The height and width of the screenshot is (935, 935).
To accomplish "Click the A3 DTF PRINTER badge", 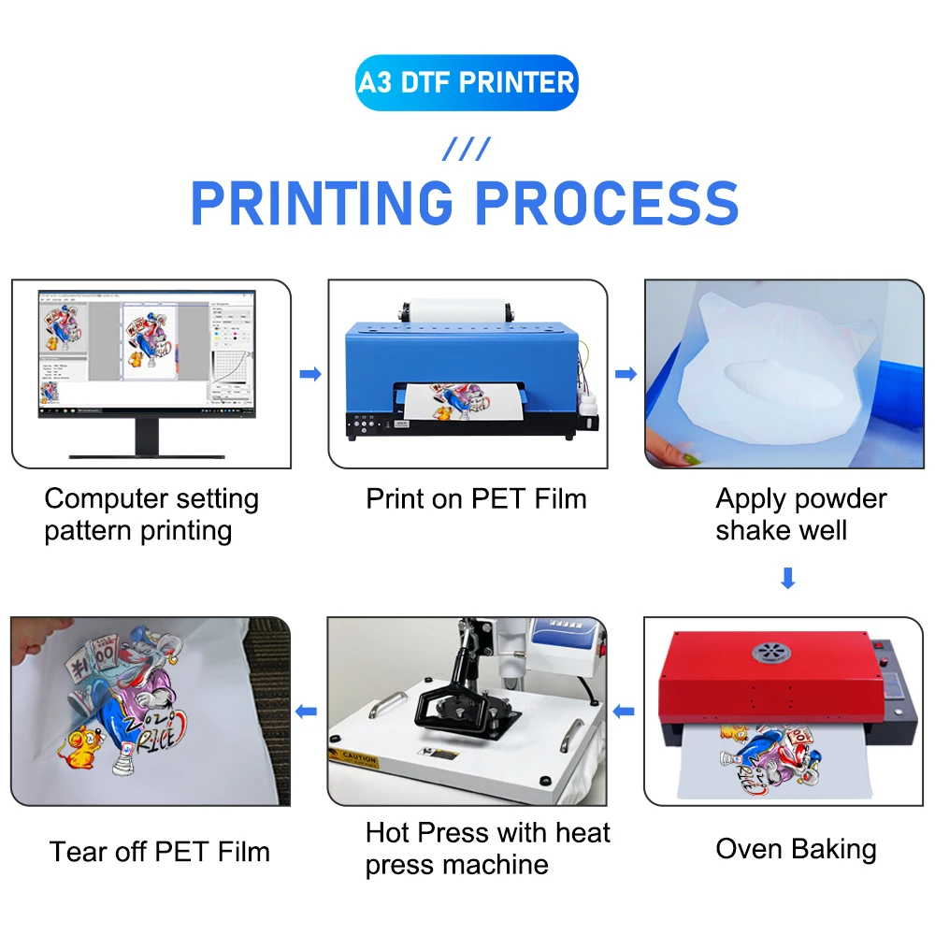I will click(x=467, y=83).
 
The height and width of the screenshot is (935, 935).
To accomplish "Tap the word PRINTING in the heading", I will click(x=323, y=203).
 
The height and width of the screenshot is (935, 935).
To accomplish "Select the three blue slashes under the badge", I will click(x=466, y=149).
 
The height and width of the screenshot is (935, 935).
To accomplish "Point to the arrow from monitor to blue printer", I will click(x=309, y=374).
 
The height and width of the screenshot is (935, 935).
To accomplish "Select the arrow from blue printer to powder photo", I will click(x=626, y=374).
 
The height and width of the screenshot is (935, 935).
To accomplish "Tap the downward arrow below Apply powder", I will click(x=787, y=579).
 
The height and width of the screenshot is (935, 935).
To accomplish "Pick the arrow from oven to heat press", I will click(x=625, y=712).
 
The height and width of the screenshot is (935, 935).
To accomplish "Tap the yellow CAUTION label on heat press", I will click(x=359, y=757).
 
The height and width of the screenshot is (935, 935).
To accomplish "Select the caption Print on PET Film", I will click(x=476, y=498).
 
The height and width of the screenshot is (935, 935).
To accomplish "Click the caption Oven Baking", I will click(x=796, y=849).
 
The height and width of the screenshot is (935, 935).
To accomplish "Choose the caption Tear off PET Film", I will click(x=159, y=852).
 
